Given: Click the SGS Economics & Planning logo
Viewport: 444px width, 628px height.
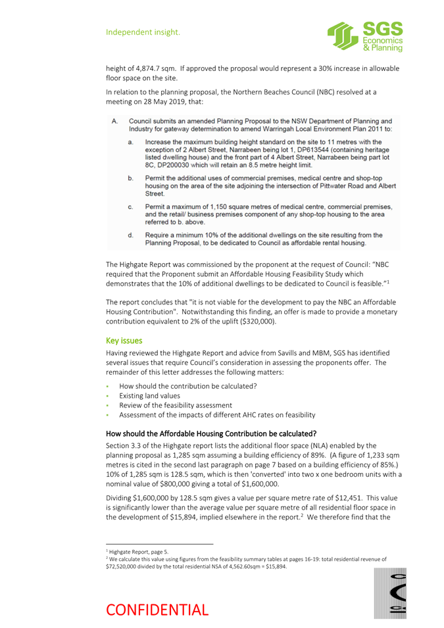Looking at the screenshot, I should click(x=364, y=36).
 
